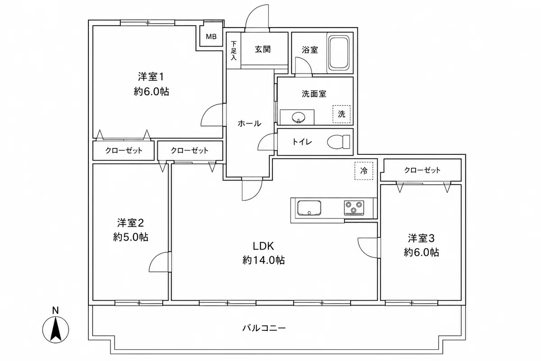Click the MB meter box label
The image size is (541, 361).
(x=211, y=37)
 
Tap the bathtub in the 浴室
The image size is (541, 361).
(x=339, y=53)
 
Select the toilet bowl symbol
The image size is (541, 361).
(x=339, y=142)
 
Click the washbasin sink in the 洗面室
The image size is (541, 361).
(x=299, y=118)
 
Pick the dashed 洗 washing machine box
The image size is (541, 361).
(x=342, y=114)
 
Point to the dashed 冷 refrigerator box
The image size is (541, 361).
(x=364, y=171)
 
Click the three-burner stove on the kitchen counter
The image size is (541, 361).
(x=354, y=208)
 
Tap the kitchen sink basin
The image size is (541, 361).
(x=309, y=208)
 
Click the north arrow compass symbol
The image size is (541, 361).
(x=55, y=329)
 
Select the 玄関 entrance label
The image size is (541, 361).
(x=263, y=49)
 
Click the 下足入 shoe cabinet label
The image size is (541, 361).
(x=234, y=51)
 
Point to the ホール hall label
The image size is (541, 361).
(x=249, y=124)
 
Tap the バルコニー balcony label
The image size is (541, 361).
(x=264, y=328)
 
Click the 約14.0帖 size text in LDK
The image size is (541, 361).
(x=263, y=260)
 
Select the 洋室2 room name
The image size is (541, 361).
(x=131, y=223)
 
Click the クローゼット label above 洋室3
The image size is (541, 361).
(x=422, y=170)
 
